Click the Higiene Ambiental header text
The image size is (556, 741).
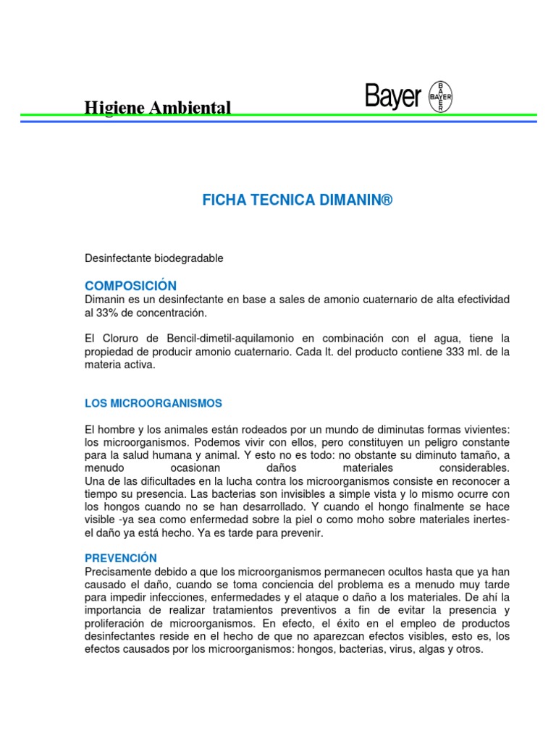tap(158, 108)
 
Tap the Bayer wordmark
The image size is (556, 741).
tap(392, 96)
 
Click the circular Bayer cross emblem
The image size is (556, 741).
tap(441, 96)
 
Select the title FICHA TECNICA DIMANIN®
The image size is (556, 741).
tap(298, 200)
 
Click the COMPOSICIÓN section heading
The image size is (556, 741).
tap(130, 286)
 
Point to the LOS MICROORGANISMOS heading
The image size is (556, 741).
tap(153, 403)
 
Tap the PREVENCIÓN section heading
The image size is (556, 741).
tap(120, 558)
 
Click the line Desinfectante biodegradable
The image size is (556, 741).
tap(154, 258)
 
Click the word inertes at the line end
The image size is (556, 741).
tap(490, 520)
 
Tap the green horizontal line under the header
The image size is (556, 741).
tap(278, 115)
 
